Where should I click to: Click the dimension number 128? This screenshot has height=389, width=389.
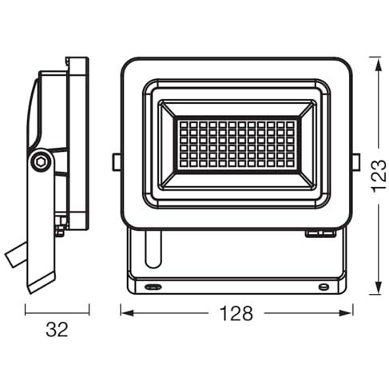click(236, 313)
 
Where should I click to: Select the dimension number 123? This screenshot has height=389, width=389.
click(379, 176)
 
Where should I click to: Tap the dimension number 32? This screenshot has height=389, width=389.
click(57, 329)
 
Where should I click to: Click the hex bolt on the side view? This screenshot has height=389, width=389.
click(42, 161)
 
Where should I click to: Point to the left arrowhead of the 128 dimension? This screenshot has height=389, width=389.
click(127, 313)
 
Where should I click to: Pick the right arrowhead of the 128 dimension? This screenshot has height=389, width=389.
click(345, 313)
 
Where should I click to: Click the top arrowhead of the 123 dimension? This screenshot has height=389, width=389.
click(379, 63)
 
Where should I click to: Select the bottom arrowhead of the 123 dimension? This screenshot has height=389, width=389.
click(379, 288)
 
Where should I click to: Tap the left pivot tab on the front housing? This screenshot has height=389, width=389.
click(116, 162)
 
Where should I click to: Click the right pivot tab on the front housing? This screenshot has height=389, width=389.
click(356, 162)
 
